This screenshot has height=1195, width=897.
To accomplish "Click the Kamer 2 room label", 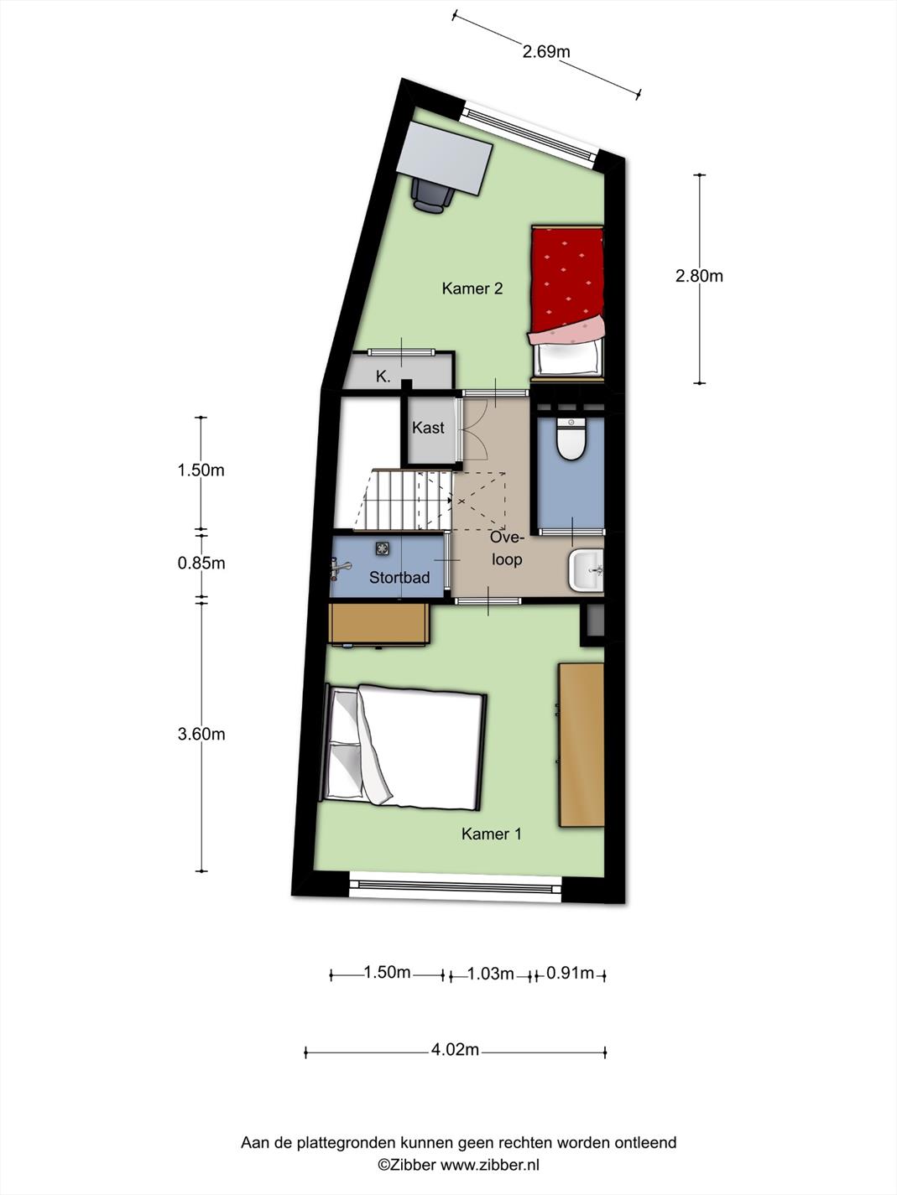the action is click(x=472, y=288).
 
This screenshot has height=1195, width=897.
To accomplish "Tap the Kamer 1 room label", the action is click(x=491, y=834).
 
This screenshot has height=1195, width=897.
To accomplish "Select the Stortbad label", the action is click(x=399, y=578).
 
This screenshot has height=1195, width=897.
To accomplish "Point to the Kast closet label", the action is click(x=428, y=428).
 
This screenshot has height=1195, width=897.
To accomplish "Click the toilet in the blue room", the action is click(x=571, y=438).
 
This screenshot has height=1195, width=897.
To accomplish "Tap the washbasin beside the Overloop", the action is click(x=586, y=570).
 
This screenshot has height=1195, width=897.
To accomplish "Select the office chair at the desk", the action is click(x=431, y=195).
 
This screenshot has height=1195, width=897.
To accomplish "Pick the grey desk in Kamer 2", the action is click(x=443, y=158).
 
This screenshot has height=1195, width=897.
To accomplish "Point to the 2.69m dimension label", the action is click(x=546, y=52).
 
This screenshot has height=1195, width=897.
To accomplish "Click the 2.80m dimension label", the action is click(x=699, y=277).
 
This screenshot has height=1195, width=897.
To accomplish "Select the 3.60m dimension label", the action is click(x=201, y=735).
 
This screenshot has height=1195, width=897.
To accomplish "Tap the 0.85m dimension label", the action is click(x=201, y=564).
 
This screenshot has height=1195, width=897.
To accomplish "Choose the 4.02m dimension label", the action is click(x=456, y=1049).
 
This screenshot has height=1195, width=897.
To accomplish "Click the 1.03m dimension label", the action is click(x=491, y=974).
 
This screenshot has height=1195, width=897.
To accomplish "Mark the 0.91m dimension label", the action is click(x=570, y=972).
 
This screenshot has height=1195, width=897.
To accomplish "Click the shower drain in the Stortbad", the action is click(x=382, y=548).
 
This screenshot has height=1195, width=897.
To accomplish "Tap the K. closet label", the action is click(x=383, y=377).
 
